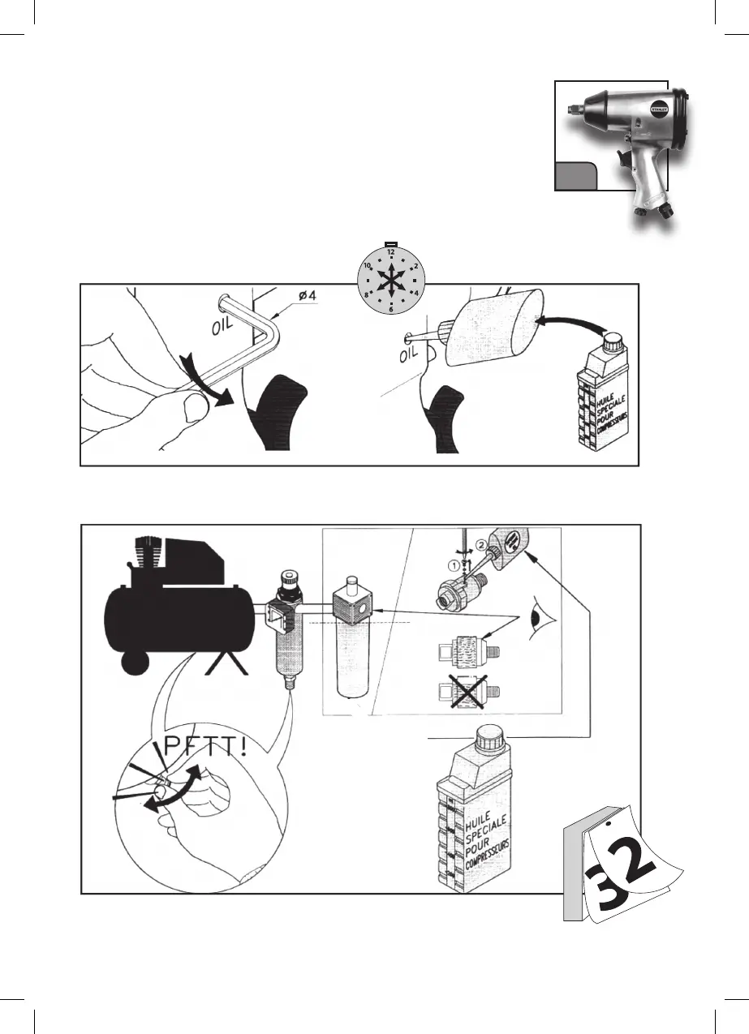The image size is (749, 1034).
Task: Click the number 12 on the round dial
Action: tap(390, 252)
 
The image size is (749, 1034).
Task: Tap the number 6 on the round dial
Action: tap(390, 309)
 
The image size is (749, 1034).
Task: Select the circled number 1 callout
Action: tap(453, 563)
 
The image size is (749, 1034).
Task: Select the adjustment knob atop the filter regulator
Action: tap(288, 578)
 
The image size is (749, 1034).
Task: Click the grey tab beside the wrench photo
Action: tap(575, 175)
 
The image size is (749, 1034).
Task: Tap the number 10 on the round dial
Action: tap(368, 265)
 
